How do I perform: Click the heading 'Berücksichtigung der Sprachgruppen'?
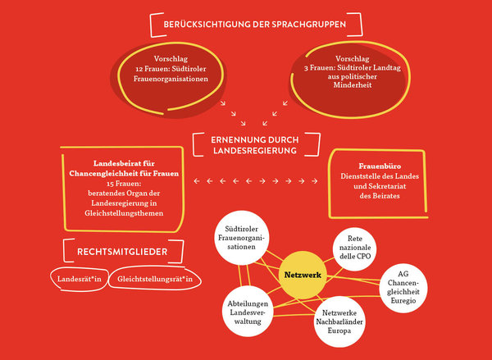[x=255, y=25]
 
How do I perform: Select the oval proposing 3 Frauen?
[x=336, y=75]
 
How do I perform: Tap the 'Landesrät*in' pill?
[x=80, y=280]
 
